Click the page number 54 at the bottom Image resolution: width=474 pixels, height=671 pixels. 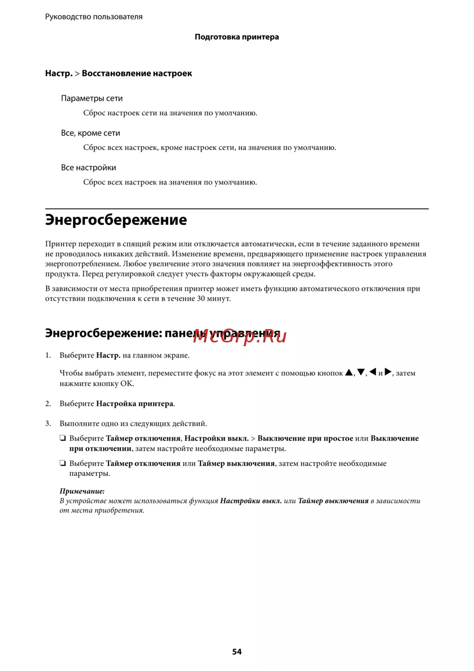pos(237,652)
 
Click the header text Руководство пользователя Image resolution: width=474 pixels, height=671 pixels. pos(94,17)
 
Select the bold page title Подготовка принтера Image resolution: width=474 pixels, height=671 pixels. pos(237,37)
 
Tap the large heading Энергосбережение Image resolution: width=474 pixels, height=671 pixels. pos(116,220)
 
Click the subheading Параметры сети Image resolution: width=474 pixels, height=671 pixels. pos(91,98)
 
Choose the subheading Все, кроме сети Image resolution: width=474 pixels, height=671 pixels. pos(91,133)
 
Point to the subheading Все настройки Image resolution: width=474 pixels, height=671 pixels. pos(88,167)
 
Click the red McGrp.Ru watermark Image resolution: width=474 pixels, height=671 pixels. pos(240,336)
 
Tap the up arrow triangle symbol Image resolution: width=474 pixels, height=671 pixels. pos(349,372)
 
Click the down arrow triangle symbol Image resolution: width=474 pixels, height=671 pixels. pos(361,372)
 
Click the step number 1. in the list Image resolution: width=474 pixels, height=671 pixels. pos(48,355)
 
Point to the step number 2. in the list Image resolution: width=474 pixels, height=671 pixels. pos(48,404)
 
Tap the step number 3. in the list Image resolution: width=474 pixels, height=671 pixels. pos(48,423)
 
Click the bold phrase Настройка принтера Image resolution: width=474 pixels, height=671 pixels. pos(135,404)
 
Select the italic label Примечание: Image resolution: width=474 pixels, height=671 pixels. pos(82,491)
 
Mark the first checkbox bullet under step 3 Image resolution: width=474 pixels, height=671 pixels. pos(63,438)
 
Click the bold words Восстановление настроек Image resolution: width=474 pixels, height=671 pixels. pos(137,74)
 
